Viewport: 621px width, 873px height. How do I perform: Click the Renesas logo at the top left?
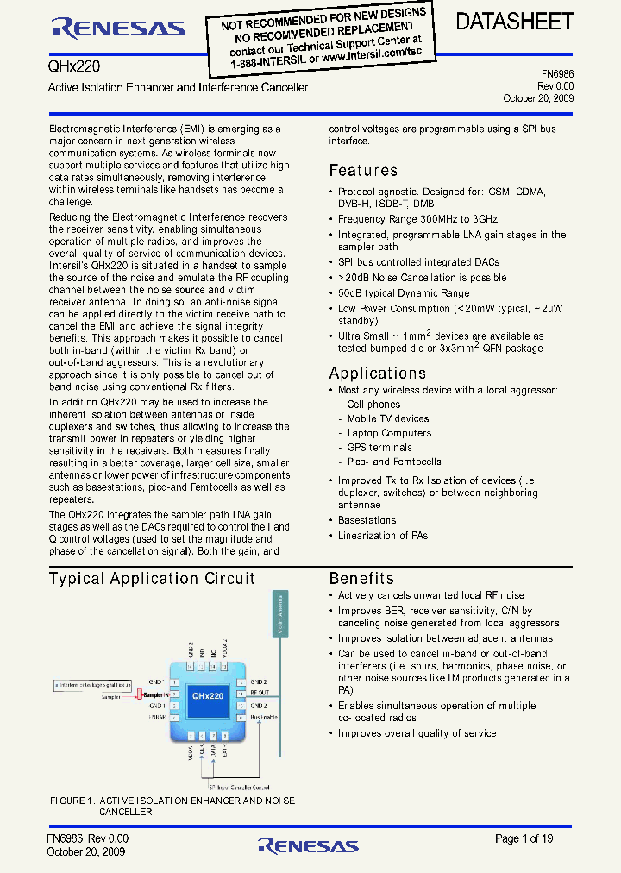(x=117, y=28)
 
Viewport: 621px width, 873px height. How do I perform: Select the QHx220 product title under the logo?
(x=68, y=66)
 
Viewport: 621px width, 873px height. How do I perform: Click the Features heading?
(x=363, y=171)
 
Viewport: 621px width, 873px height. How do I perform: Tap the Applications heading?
(x=378, y=374)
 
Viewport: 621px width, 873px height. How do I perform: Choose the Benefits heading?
(x=361, y=579)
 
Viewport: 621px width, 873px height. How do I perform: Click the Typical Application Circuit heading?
(x=152, y=579)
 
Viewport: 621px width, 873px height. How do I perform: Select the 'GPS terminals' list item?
(x=379, y=448)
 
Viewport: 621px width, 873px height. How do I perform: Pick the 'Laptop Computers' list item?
(x=389, y=433)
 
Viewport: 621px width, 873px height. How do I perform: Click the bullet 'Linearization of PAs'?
(x=383, y=536)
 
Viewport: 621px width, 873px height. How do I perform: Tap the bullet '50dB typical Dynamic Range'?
(x=404, y=293)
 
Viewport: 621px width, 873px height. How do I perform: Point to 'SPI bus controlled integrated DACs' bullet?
(x=418, y=262)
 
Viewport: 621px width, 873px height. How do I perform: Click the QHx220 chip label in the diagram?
(x=208, y=694)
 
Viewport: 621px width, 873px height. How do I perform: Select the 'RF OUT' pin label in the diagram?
(x=260, y=693)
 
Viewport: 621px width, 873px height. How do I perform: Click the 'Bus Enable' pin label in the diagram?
(x=263, y=717)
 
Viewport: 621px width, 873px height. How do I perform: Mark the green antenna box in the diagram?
(x=282, y=622)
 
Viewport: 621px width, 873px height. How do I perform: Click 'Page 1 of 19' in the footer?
(x=524, y=838)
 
